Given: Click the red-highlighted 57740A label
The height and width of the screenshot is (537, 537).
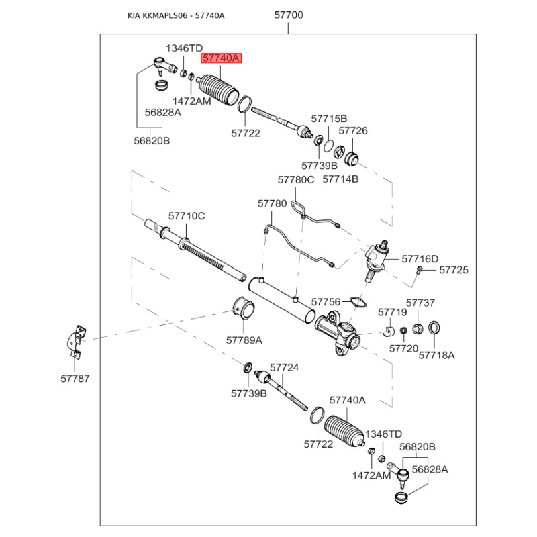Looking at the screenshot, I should pyautogui.click(x=221, y=59).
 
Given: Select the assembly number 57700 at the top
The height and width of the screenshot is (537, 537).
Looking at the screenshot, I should pyautogui.click(x=289, y=15).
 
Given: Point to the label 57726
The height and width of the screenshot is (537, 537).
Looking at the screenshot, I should pyautogui.click(x=353, y=131).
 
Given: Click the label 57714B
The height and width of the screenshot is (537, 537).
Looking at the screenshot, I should pyautogui.click(x=341, y=179).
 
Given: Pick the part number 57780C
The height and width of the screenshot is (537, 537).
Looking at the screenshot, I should pyautogui.click(x=296, y=179).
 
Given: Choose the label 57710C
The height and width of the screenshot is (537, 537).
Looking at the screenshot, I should pyautogui.click(x=187, y=216).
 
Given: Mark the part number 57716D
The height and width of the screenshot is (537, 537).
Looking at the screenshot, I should pyautogui.click(x=420, y=258).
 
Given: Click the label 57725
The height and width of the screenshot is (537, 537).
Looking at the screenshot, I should pyautogui.click(x=454, y=270).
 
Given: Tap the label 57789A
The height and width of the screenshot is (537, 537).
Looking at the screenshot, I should pyautogui.click(x=244, y=340).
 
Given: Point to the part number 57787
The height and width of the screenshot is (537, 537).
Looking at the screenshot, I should pyautogui.click(x=74, y=379).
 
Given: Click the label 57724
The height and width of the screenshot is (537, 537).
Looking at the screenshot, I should pyautogui.click(x=284, y=368).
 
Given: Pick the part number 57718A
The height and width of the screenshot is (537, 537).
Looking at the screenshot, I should pyautogui.click(x=437, y=354).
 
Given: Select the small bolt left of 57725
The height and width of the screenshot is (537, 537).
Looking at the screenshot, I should pyautogui.click(x=419, y=270).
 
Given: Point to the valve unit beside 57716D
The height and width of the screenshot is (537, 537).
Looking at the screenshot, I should pyautogui.click(x=377, y=258).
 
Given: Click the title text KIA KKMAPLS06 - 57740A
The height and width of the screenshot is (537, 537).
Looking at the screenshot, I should pyautogui.click(x=176, y=15).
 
